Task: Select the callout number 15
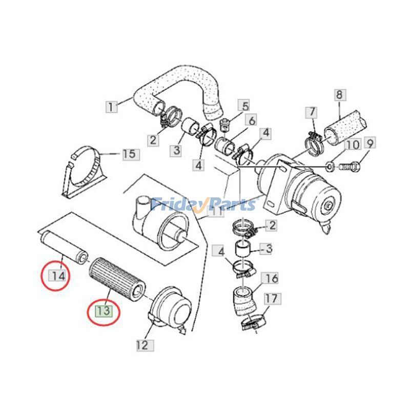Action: (x=130, y=153)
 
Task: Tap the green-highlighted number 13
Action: (x=104, y=311)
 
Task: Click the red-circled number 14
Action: (x=58, y=276)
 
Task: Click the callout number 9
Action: (x=371, y=142)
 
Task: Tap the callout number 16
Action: (x=272, y=278)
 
